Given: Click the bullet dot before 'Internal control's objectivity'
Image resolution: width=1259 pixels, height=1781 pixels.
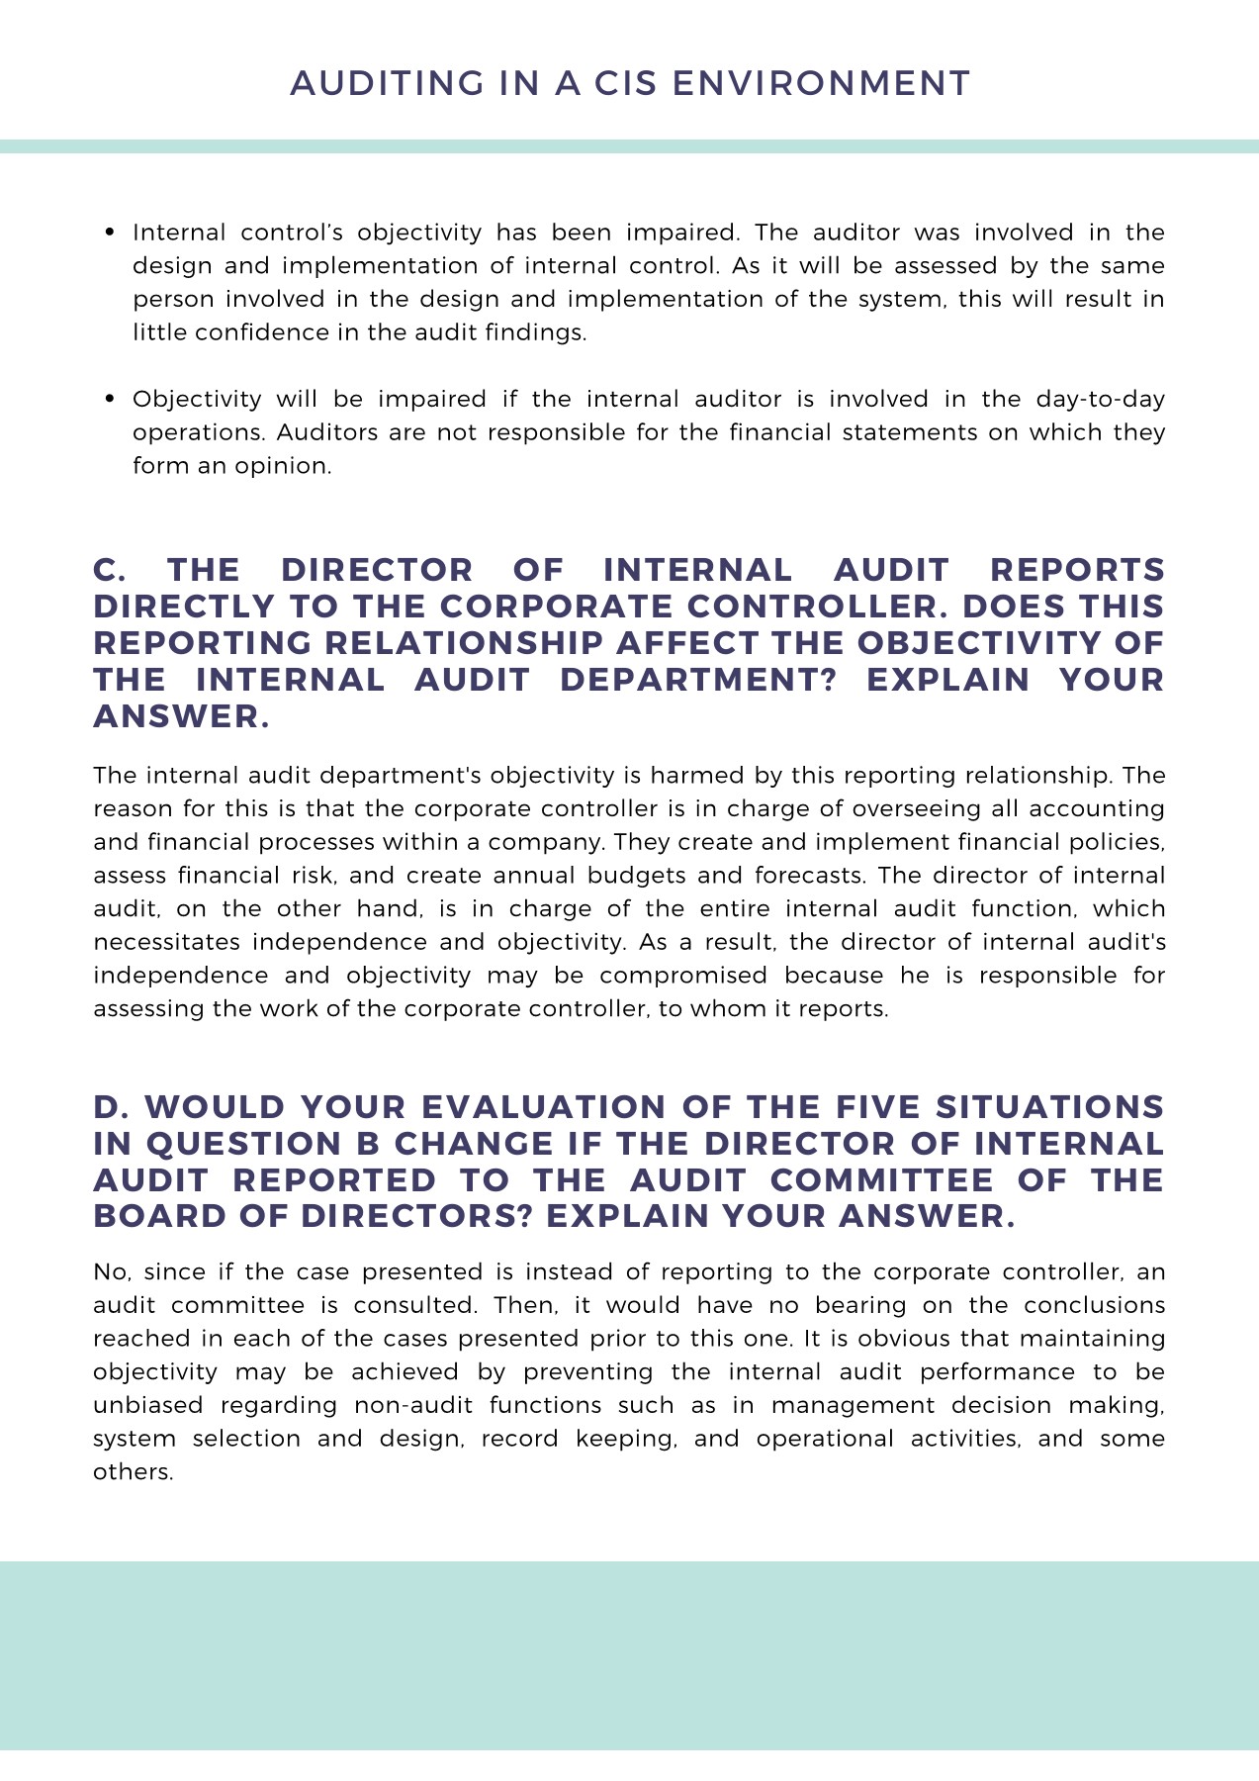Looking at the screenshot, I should (x=111, y=233).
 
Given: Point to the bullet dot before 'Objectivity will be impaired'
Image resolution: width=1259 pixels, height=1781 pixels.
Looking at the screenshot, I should (x=111, y=399).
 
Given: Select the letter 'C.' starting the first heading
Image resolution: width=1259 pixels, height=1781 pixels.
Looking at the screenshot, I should (x=110, y=570).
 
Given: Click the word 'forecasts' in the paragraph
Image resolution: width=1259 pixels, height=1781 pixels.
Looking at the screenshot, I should (x=810, y=876).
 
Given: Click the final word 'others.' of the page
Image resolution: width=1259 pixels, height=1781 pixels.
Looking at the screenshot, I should (x=134, y=1472).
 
